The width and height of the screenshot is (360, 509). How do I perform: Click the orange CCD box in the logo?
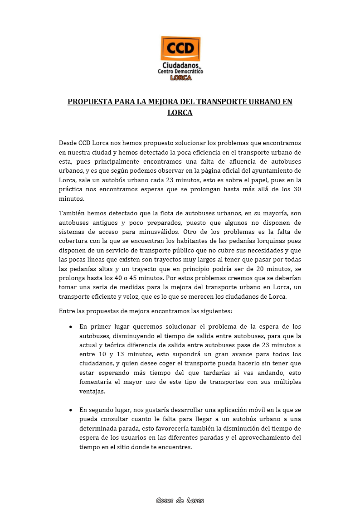coord(180,48)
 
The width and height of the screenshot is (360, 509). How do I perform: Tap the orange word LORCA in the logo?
coord(180,78)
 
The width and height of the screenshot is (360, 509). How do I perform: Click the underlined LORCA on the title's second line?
coord(180,112)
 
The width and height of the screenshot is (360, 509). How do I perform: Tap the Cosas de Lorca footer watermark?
coord(180,500)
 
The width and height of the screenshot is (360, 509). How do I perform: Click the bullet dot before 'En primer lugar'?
coord(71,327)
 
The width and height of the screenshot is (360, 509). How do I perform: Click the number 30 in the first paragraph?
coord(297,189)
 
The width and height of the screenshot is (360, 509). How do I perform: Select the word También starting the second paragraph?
coord(71,213)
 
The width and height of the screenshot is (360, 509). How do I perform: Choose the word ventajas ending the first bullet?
coord(92,391)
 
